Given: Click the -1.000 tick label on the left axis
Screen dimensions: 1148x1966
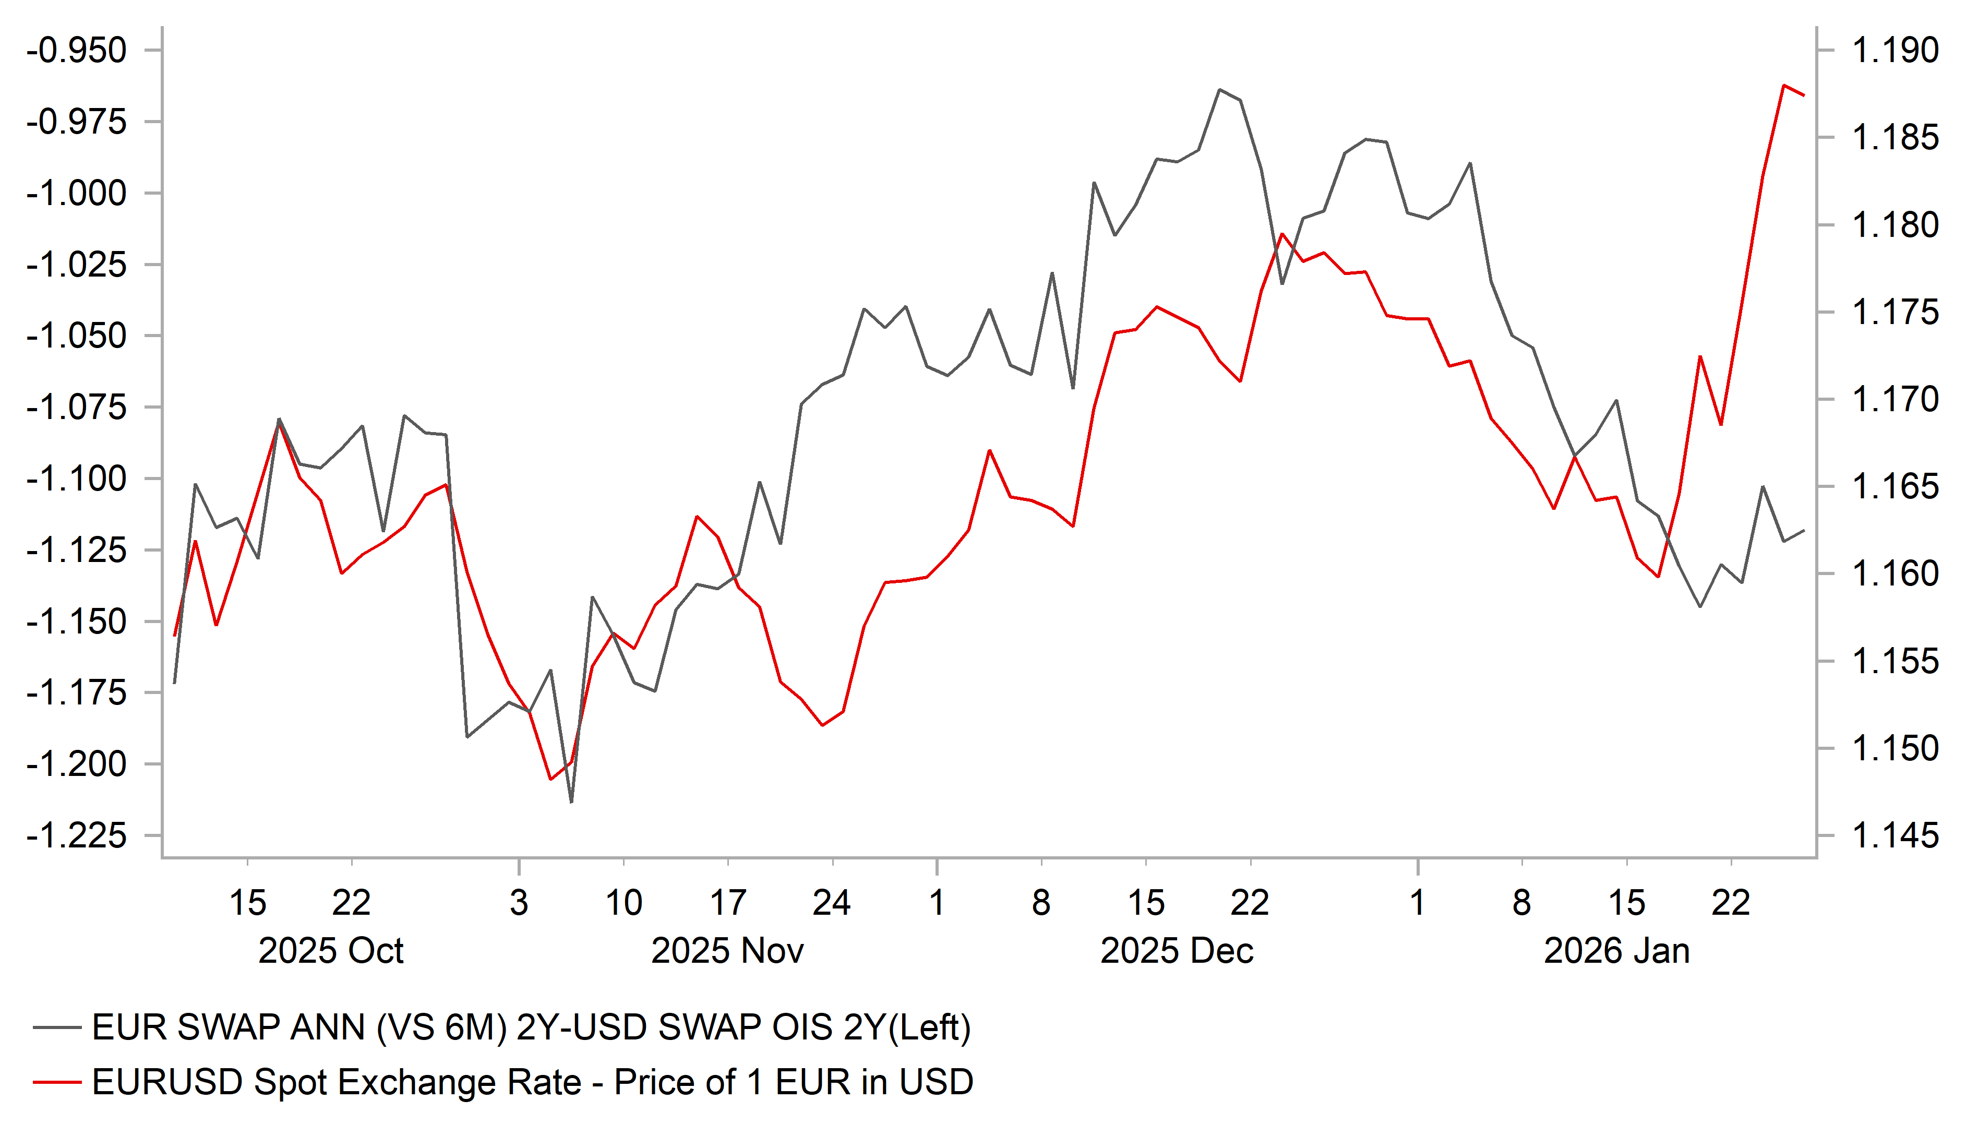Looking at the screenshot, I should [x=77, y=194].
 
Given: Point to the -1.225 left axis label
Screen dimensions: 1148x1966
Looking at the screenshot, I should [x=77, y=836].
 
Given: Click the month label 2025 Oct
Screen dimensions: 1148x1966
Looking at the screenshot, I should [x=331, y=951].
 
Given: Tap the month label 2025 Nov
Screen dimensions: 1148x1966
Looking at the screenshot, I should [x=727, y=951].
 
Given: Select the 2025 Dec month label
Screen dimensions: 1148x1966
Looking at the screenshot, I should [x=1177, y=951].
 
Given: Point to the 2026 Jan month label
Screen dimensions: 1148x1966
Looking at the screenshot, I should [x=1616, y=951].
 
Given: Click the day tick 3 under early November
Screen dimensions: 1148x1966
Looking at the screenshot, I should [x=519, y=903].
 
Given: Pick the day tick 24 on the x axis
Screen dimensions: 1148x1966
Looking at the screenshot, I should [x=832, y=903].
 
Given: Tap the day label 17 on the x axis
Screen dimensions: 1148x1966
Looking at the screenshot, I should [x=728, y=903].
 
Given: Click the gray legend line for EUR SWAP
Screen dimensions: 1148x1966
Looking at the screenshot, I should [x=57, y=1028].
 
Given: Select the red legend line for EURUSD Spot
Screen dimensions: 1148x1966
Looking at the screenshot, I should [x=57, y=1082].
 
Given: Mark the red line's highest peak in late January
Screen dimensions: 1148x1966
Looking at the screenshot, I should [x=1783, y=85].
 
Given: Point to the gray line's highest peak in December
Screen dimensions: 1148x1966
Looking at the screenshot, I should [x=1219, y=90].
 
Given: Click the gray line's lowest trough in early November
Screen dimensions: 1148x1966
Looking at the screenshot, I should [x=571, y=802].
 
